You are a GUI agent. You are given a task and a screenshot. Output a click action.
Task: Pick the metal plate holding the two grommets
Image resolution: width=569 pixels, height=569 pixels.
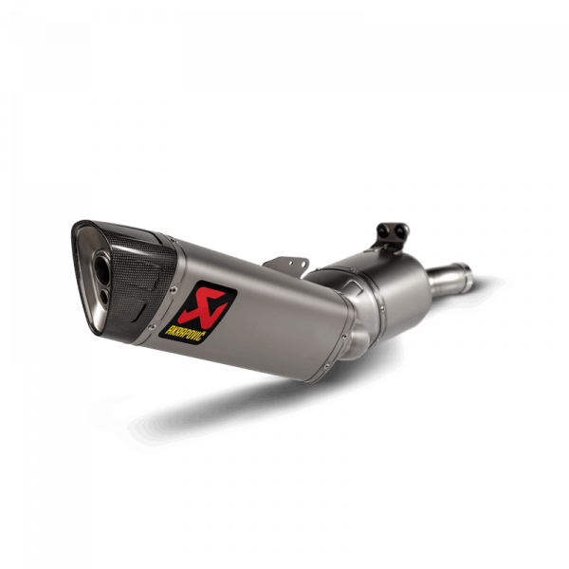tap(392, 236)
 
